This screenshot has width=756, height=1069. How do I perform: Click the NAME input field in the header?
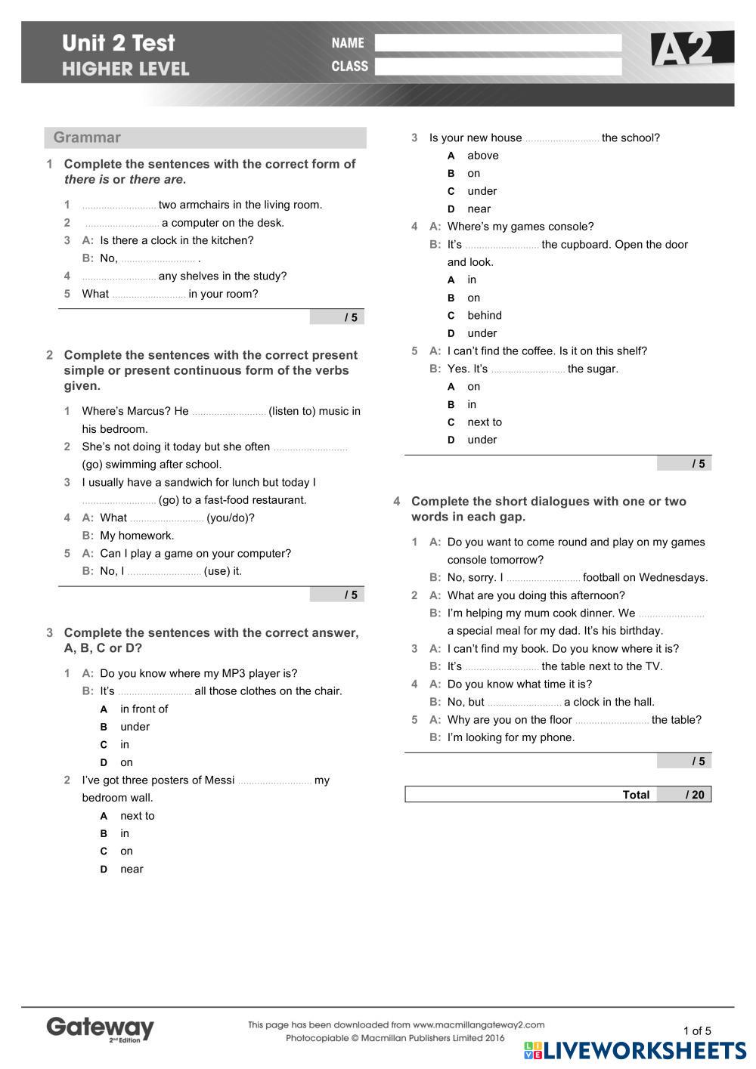coord(497,43)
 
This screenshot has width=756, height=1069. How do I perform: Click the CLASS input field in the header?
coord(497,66)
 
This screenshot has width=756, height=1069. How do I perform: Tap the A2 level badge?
coord(691,49)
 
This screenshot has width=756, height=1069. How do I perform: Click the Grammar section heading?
coord(87,137)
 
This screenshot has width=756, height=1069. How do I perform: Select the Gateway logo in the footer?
coord(100,1029)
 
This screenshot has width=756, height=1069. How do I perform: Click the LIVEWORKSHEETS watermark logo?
coord(635,1051)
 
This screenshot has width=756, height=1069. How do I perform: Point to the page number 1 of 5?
coord(697,1030)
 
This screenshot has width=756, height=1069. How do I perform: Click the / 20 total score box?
coord(684,795)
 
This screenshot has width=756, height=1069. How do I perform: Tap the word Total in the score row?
coord(636,795)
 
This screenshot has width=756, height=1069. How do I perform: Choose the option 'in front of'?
coord(144,709)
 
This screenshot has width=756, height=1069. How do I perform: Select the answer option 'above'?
coord(482,156)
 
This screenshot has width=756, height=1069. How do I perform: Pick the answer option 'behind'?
coord(484,316)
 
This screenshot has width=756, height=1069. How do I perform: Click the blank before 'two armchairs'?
coord(119,205)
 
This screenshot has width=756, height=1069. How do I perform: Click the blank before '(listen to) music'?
coord(228,412)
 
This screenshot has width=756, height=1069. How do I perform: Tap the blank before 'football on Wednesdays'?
coord(543,579)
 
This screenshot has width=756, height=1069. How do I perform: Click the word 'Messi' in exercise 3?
coord(218,780)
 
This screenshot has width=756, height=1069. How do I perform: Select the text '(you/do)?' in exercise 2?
coord(231,518)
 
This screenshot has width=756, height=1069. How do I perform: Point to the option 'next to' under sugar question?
coord(484,422)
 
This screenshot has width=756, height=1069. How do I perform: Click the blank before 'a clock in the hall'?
coord(524,703)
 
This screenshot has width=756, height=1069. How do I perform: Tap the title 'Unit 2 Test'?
coord(119,43)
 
